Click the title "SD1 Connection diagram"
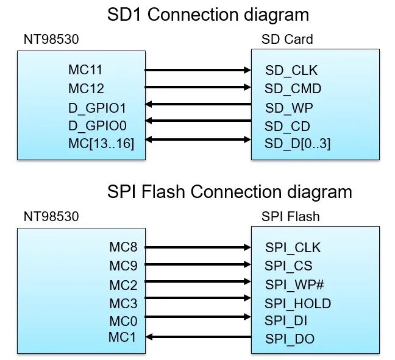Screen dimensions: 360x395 pyautogui.click(x=207, y=15)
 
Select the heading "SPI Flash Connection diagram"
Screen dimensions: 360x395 pyautogui.click(x=229, y=191)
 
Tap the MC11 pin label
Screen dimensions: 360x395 pyautogui.click(x=86, y=70)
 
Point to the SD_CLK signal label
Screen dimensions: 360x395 pyautogui.click(x=291, y=71)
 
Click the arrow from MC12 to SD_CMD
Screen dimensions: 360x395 pyautogui.click(x=198, y=88)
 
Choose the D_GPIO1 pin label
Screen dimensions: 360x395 pyautogui.click(x=98, y=107)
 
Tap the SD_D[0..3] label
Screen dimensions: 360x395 pyautogui.click(x=297, y=144)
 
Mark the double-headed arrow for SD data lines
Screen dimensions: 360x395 pyautogui.click(x=198, y=140)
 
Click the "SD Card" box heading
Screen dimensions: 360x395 pyautogui.click(x=286, y=40)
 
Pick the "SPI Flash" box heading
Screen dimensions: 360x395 pyautogui.click(x=291, y=216)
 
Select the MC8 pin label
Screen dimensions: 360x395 pyautogui.click(x=123, y=247)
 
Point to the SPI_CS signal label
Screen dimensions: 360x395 pyautogui.click(x=288, y=266)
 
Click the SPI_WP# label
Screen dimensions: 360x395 pyautogui.click(x=294, y=284)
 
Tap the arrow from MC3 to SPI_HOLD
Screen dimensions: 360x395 pyautogui.click(x=198, y=298)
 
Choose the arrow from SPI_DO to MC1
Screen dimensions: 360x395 pyautogui.click(x=198, y=336)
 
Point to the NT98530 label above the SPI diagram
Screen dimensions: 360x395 pyautogui.click(x=51, y=216)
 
